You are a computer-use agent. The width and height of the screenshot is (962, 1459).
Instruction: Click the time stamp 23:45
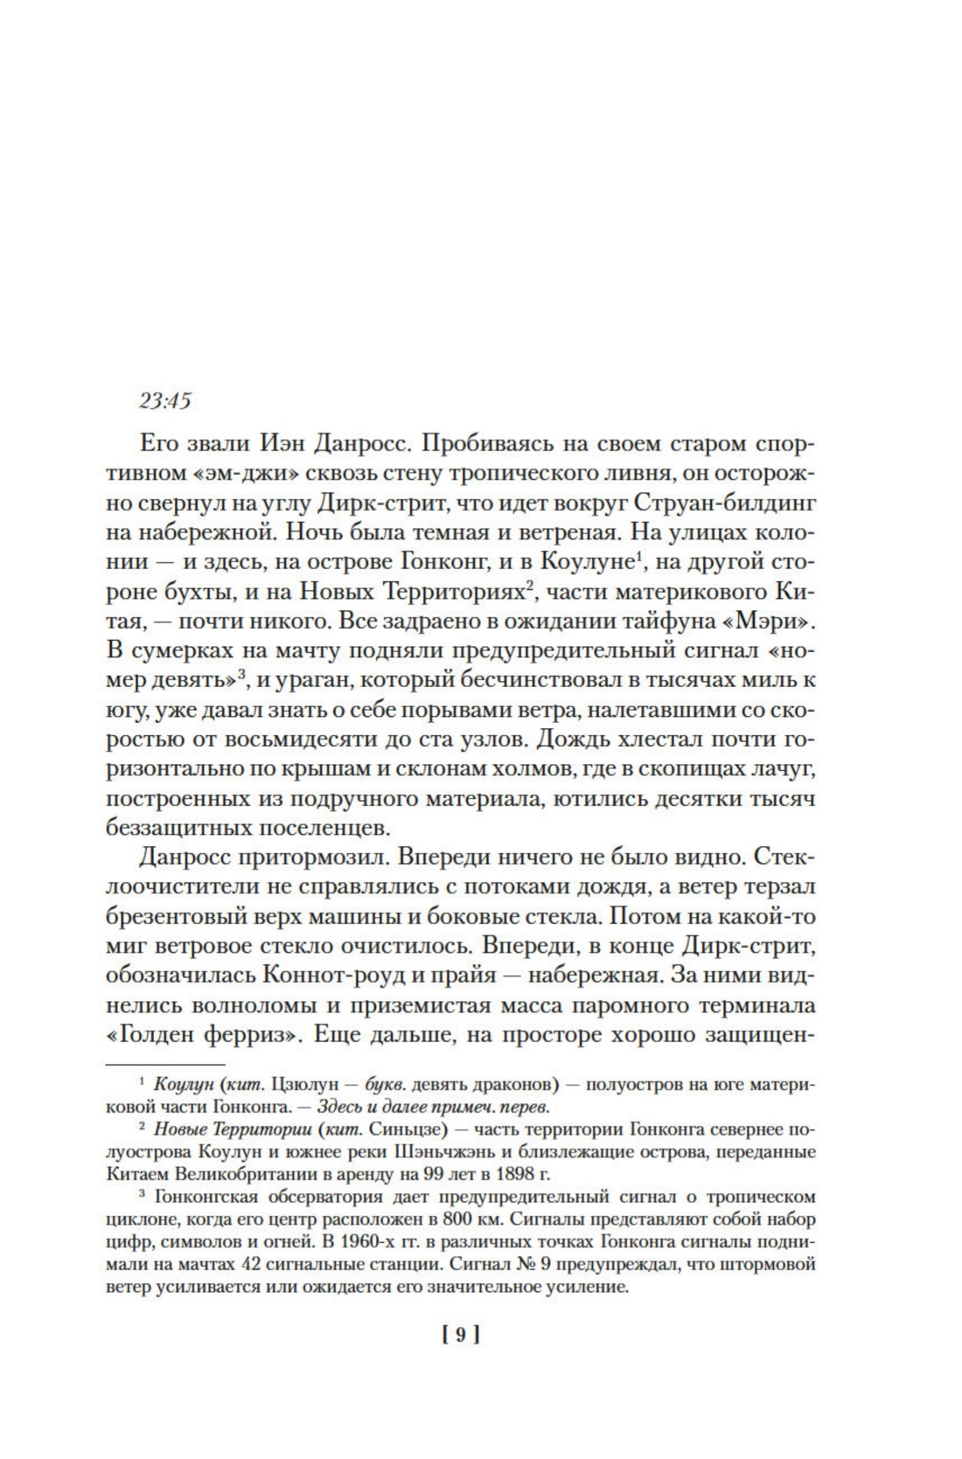point(164,401)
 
